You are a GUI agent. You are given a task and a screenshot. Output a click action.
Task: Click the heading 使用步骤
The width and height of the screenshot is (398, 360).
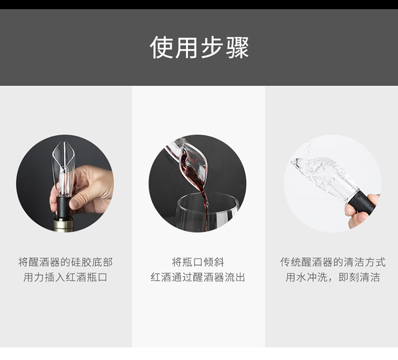pyautogui.click(x=199, y=47)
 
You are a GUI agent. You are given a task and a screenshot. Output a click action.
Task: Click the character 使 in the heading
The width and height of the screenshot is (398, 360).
pyautogui.click(x=161, y=47)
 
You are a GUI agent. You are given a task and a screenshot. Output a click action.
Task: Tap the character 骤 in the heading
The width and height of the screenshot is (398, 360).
pyautogui.click(x=238, y=47)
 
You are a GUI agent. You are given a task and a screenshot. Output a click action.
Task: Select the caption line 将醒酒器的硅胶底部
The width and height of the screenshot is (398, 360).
pyautogui.click(x=65, y=262)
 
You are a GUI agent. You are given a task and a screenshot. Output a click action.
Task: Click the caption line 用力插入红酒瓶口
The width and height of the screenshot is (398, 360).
pyautogui.click(x=65, y=277)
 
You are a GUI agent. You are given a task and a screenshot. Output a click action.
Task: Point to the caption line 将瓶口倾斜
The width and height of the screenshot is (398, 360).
pyautogui.click(x=198, y=262)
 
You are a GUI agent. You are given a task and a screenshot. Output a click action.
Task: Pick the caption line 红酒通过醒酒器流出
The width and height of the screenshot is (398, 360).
pyautogui.click(x=198, y=277)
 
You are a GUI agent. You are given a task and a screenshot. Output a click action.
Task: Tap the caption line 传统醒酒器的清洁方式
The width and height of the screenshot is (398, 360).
pyautogui.click(x=333, y=262)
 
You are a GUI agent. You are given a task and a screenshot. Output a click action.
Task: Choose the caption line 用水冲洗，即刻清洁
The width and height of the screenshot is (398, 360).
pyautogui.click(x=333, y=277)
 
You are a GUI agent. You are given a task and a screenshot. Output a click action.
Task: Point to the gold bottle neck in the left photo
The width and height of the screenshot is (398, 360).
pyautogui.click(x=63, y=224)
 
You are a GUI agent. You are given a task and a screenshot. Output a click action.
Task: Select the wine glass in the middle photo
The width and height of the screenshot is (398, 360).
pyautogui.click(x=207, y=212)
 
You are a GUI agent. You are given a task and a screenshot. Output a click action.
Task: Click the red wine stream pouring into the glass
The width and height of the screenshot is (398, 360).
pyautogui.click(x=205, y=203)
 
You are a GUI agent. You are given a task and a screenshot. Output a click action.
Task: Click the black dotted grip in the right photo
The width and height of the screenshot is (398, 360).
pyautogui.click(x=362, y=203)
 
